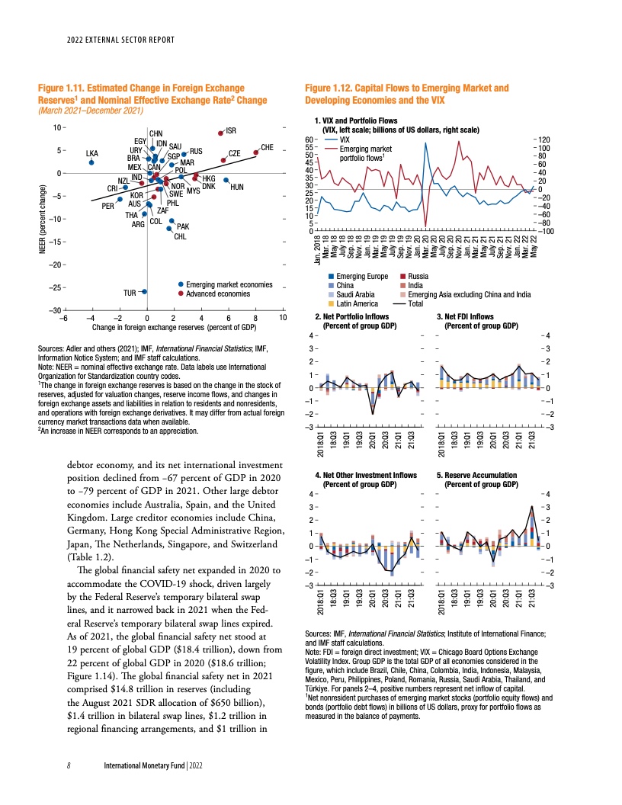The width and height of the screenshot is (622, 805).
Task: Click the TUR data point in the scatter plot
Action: click(144, 292)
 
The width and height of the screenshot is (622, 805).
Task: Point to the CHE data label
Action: click(267, 146)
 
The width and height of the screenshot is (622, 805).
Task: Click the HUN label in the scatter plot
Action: click(236, 187)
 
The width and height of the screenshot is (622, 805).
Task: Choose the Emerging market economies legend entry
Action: click(229, 284)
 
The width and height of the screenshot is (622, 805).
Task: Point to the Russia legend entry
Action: click(418, 276)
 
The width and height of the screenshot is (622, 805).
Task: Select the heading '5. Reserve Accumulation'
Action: click(476, 475)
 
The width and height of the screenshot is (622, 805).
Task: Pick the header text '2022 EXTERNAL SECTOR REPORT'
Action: click(121, 40)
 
